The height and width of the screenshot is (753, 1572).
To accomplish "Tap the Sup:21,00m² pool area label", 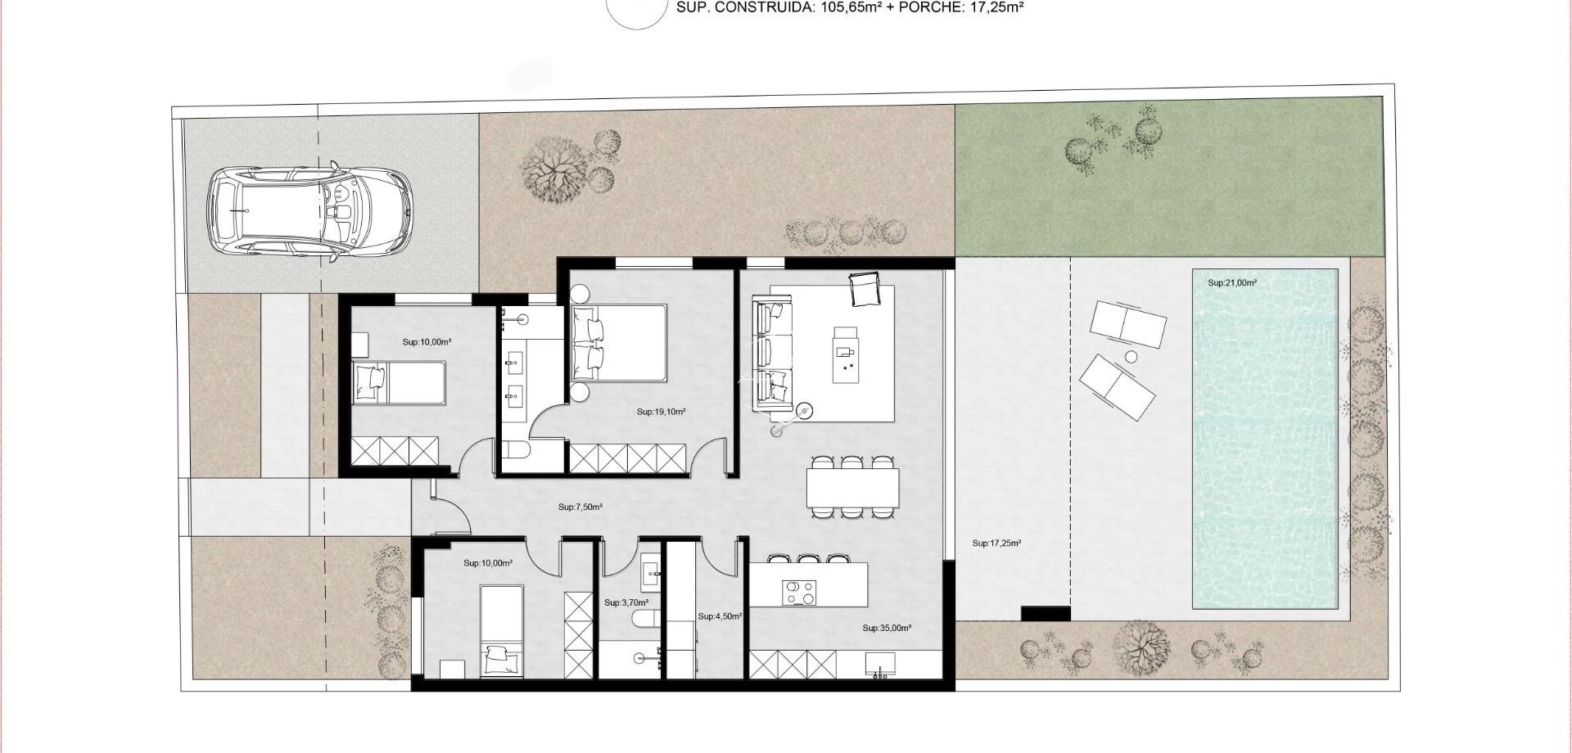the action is (x=1232, y=283).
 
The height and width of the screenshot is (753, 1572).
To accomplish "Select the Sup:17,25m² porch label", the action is (x=996, y=543).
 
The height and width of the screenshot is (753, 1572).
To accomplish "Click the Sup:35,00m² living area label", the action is (x=887, y=629).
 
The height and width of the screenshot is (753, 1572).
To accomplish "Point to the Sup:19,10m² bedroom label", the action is (x=661, y=413).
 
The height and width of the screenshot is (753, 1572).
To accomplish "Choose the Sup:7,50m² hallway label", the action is (x=580, y=507).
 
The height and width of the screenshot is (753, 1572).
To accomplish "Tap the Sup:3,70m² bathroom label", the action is (x=626, y=603).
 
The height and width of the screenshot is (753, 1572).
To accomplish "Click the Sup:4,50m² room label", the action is (x=720, y=616).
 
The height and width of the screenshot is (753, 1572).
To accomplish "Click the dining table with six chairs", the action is (x=852, y=487).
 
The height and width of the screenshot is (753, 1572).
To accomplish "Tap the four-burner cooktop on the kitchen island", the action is (x=799, y=593).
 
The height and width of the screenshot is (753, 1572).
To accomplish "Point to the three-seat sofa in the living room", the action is (x=773, y=355).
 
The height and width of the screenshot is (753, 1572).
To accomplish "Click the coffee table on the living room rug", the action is (x=847, y=354).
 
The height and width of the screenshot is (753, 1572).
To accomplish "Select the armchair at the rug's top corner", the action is (x=864, y=289).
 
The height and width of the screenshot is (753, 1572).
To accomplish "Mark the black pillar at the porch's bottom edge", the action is (x=1046, y=614).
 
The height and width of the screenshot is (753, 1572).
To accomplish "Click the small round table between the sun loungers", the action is (x=1132, y=357).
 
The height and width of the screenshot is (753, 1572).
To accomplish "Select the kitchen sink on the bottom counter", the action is (x=880, y=664).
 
